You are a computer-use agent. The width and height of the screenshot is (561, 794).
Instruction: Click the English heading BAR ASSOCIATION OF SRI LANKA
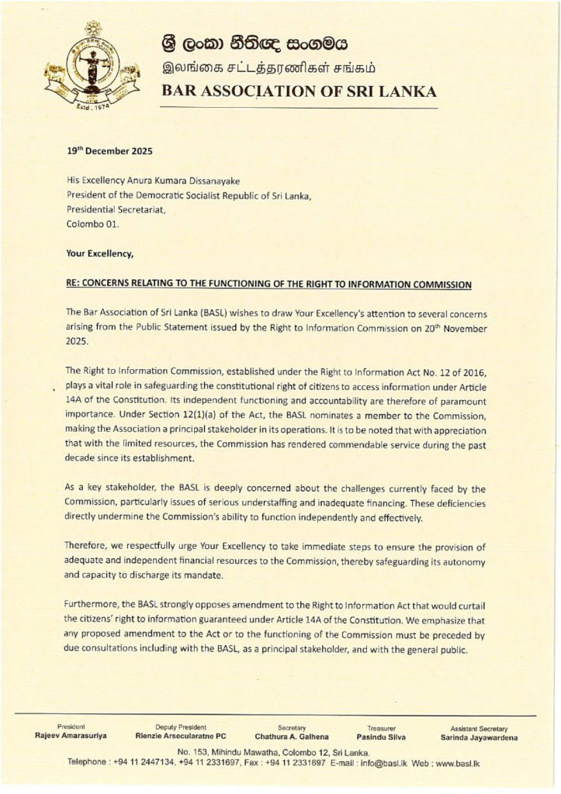299,91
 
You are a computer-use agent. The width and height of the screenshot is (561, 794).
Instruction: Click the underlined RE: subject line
269,284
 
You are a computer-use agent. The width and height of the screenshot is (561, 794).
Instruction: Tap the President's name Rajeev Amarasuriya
71,735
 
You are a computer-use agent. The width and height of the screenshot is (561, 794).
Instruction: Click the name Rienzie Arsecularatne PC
181,735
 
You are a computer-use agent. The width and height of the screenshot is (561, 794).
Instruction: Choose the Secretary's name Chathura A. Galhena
291,736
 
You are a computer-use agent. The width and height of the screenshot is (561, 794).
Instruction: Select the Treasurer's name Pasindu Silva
381,736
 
